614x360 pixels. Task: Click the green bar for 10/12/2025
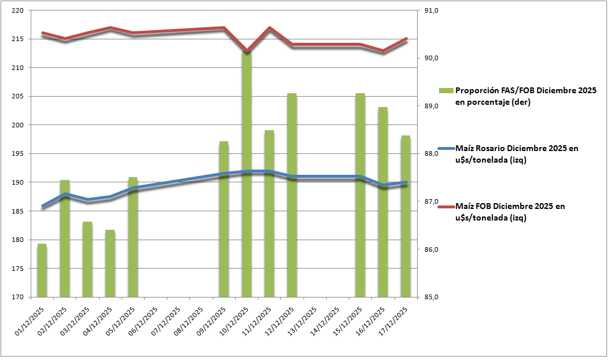(247, 174)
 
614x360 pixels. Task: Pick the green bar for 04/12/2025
(110, 263)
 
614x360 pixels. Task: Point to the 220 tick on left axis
(17, 11)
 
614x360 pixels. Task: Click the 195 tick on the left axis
(17, 154)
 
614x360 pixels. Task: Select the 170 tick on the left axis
(17, 297)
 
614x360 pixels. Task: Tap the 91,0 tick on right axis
(432, 11)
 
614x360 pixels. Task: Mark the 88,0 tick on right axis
(432, 154)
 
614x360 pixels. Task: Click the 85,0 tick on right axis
(432, 297)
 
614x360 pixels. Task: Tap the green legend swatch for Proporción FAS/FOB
(445, 91)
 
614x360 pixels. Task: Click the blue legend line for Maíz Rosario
(445, 149)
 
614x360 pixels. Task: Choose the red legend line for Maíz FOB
(445, 206)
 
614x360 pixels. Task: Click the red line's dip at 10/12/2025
(247, 51)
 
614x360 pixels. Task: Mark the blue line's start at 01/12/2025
(42, 206)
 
